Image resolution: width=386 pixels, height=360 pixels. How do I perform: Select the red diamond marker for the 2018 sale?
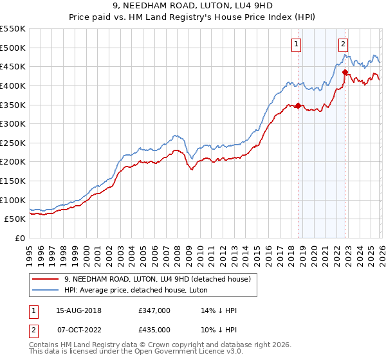coord(298,105)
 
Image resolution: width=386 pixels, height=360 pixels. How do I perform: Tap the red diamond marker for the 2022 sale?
coord(345,72)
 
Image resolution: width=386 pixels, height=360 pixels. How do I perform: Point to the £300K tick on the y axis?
coord(14,123)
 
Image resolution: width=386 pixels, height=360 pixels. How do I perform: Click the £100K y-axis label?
coord(14,200)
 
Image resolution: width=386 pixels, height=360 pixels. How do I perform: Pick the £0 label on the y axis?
coord(21,238)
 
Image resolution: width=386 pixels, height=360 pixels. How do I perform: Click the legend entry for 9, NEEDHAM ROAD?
coord(161,278)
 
